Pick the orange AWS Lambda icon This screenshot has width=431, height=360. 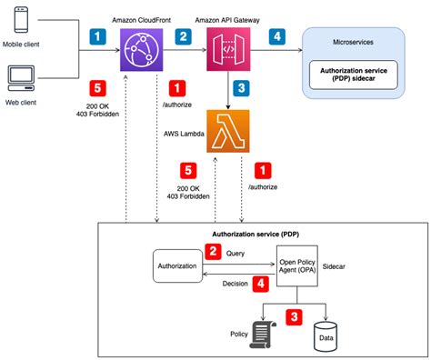coord(227,133)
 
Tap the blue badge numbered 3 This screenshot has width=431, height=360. coord(240,88)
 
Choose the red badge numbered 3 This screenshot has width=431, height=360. coord(294,317)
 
